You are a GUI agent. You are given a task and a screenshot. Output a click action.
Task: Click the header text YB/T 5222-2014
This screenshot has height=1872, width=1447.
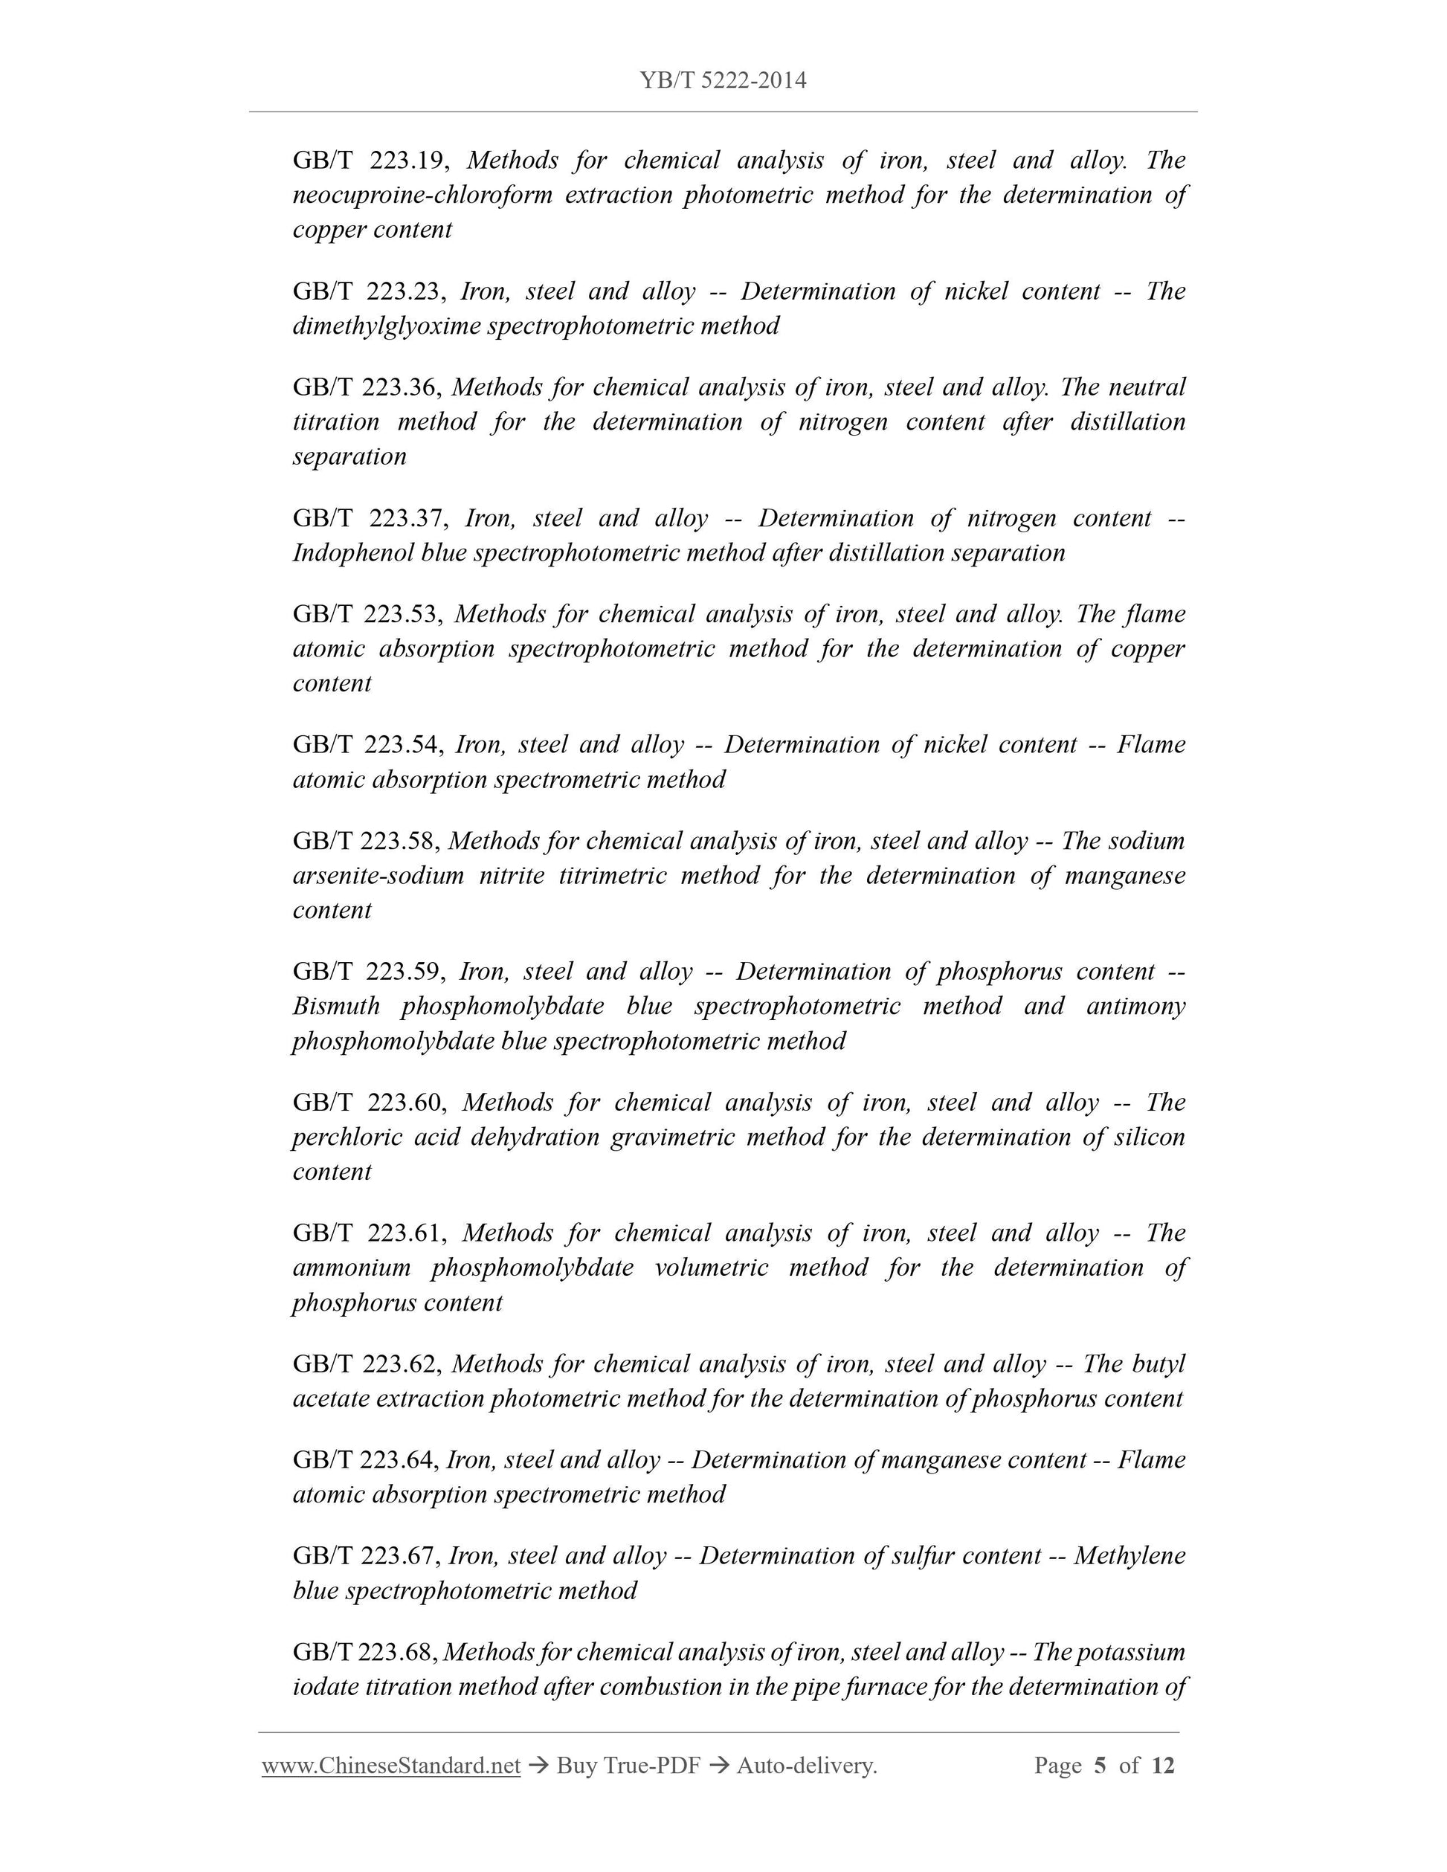coord(723,80)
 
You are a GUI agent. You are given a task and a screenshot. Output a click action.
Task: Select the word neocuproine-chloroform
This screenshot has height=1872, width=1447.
coord(422,196)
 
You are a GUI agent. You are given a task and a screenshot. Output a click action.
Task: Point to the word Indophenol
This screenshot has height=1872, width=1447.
coord(352,553)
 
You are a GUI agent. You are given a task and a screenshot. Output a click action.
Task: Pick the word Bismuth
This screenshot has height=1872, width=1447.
coord(336,1007)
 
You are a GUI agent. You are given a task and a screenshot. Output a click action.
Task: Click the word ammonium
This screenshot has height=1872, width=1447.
coord(352,1268)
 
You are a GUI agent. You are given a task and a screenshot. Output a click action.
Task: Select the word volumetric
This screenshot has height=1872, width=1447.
coord(711,1268)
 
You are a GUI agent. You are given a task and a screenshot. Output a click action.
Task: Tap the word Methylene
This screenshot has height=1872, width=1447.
coord(1129,1556)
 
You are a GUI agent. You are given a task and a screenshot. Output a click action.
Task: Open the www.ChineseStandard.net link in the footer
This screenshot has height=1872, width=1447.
coord(391,1766)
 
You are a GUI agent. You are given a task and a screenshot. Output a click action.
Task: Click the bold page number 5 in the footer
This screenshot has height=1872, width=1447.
coord(1100,1766)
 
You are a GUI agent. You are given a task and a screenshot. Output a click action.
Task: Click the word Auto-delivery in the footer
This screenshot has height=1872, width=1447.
coord(806,1766)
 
